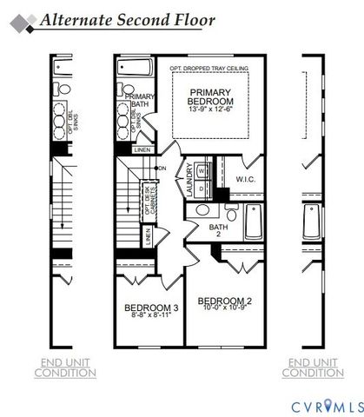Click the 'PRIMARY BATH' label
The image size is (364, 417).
coord(140,102)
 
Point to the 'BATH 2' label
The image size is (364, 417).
coord(217,230)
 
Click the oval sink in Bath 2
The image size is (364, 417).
coord(202,209)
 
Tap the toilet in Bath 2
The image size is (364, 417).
coord(232,214)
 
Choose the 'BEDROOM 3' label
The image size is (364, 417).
coord(151,308)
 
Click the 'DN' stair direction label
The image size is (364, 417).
coord(161,168)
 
